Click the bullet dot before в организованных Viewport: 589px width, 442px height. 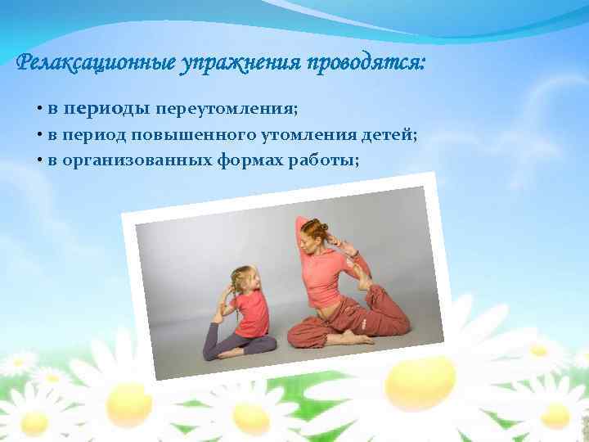39,159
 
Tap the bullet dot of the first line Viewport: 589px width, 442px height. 39,110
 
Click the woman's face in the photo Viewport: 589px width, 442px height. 312,241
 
